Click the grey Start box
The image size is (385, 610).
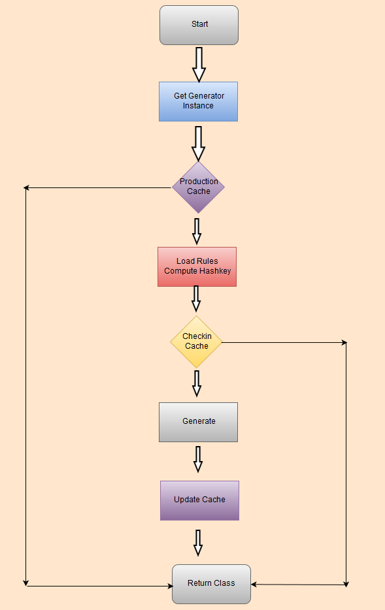click(x=199, y=25)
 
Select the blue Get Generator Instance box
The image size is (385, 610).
click(x=198, y=101)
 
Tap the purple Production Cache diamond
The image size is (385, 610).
click(x=198, y=187)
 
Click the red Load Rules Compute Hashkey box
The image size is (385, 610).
click(x=197, y=266)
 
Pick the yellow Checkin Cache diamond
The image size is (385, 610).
click(x=196, y=342)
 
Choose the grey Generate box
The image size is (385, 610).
click(x=198, y=422)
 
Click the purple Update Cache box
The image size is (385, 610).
click(x=199, y=500)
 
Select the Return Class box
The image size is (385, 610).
click(x=211, y=584)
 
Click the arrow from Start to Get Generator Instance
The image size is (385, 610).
click(x=199, y=63)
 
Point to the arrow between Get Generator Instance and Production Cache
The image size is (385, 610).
click(x=198, y=142)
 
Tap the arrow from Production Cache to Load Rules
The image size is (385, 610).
click(x=197, y=231)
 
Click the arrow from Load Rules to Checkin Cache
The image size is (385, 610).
click(x=196, y=299)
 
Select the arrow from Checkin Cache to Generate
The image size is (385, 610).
click(x=196, y=383)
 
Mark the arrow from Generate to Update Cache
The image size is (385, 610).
click(x=197, y=458)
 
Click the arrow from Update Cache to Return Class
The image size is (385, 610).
click(x=198, y=542)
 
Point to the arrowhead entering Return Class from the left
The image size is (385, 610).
click(x=169, y=586)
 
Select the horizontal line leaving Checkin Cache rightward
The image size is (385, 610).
click(x=284, y=342)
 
